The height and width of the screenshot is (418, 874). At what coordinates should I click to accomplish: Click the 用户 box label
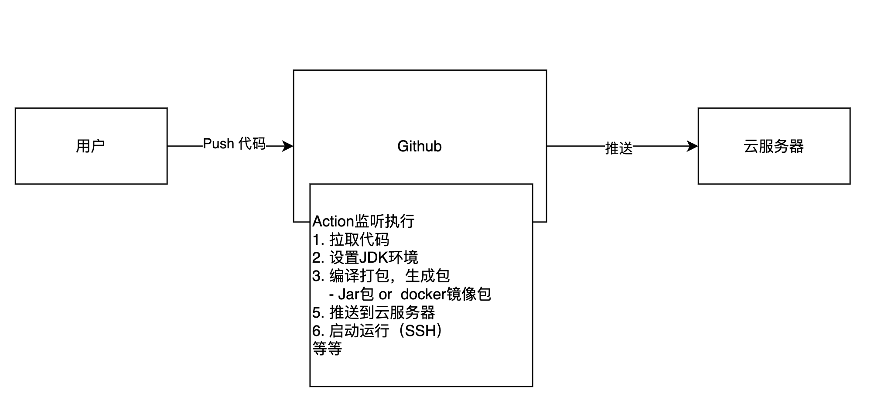[x=90, y=146]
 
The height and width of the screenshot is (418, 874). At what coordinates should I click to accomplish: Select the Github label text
[x=419, y=146]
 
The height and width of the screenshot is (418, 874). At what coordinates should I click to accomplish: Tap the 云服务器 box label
[x=773, y=146]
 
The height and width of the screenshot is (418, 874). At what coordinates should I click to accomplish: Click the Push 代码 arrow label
[x=234, y=144]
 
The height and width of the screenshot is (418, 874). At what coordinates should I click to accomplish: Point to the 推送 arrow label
[x=618, y=148]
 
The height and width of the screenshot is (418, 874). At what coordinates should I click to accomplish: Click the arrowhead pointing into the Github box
[x=288, y=146]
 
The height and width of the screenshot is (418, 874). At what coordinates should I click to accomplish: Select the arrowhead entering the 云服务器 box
[x=692, y=146]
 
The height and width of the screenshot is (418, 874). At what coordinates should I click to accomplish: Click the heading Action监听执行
[x=363, y=222]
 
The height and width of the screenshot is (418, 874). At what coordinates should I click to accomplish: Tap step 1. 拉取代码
[x=351, y=240]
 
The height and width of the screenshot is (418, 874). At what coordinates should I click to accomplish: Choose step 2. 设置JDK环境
[x=365, y=258]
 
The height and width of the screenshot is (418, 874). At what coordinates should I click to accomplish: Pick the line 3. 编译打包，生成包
[x=381, y=276]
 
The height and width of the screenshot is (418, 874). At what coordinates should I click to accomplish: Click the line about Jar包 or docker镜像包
[x=410, y=295]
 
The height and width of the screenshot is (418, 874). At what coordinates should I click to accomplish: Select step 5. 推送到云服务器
[x=374, y=312]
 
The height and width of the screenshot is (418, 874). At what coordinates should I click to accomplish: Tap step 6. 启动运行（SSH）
[x=378, y=331]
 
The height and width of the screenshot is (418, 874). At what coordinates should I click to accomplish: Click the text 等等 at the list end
[x=327, y=349]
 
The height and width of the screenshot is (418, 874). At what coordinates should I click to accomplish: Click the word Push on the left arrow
[x=218, y=144]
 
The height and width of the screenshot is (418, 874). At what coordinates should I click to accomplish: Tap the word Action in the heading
[x=333, y=222]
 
